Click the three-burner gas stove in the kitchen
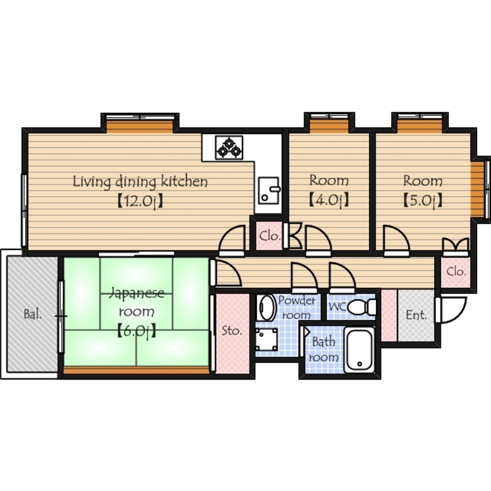229,147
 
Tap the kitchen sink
269,190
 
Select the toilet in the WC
362,306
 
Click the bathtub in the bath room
359,350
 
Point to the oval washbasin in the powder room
267,308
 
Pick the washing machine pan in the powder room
267,339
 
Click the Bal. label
32,314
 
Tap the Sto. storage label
232,330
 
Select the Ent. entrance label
416,315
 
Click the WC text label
337,306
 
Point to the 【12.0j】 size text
140,201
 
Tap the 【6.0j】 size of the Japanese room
136,331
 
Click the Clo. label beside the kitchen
269,236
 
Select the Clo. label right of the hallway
456,271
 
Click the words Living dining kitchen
140,182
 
